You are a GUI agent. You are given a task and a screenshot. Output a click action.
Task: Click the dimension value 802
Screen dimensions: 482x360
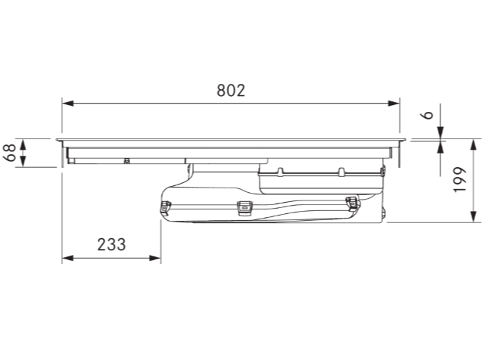pyautogui.click(x=231, y=91)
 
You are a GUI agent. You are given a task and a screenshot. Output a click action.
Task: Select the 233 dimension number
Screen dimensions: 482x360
pyautogui.click(x=111, y=245)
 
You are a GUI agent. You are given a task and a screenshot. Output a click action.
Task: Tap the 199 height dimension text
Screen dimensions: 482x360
pyautogui.click(x=460, y=180)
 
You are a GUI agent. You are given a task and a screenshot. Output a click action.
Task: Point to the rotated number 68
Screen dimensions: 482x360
pyautogui.click(x=10, y=153)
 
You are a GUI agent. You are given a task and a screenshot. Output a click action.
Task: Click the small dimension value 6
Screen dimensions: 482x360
pyautogui.click(x=428, y=115)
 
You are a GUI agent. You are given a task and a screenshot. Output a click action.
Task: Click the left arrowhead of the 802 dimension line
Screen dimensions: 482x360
pyautogui.click(x=67, y=103)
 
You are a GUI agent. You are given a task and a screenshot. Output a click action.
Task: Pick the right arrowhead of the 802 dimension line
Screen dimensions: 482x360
pyautogui.click(x=393, y=103)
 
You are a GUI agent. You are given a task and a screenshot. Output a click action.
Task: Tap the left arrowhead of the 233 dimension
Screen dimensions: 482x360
pyautogui.click(x=67, y=258)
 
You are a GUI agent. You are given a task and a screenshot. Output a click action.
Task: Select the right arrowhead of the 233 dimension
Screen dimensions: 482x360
pyautogui.click(x=155, y=258)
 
